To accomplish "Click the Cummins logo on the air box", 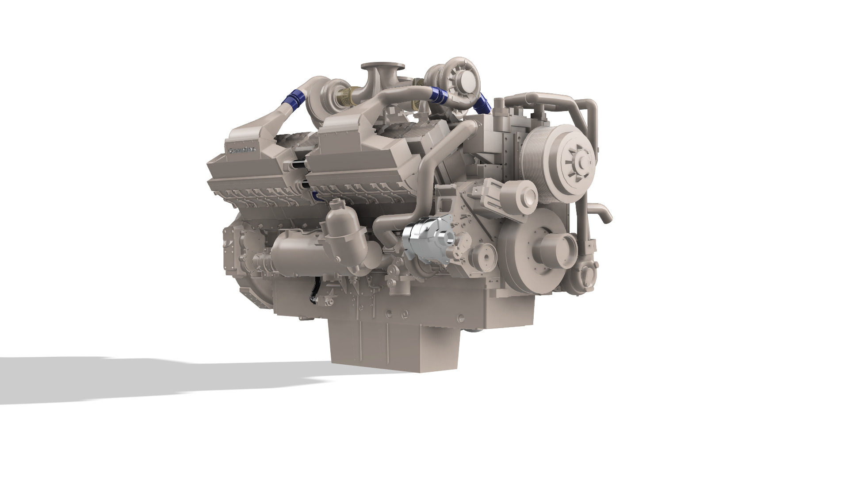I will point(242,151).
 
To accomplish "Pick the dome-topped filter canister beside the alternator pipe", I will point(340,230).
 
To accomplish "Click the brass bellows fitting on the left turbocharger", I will point(348,95).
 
